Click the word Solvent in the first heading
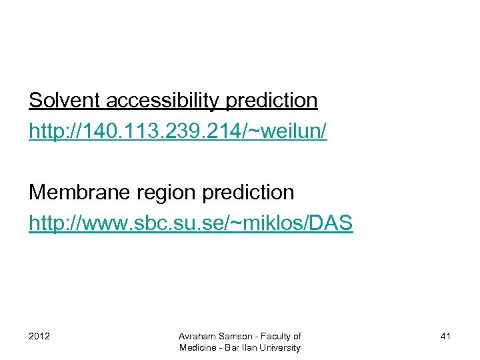coord(63,101)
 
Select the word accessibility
coord(162,101)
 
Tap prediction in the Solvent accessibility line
coord(272,101)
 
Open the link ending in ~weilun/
coord(178,132)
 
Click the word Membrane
coord(75,193)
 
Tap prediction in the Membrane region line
coord(248,193)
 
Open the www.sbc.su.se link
coord(191,223)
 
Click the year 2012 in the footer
coord(39,336)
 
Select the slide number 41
coord(445,336)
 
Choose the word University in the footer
coord(279,347)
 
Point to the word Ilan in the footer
coord(248,347)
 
